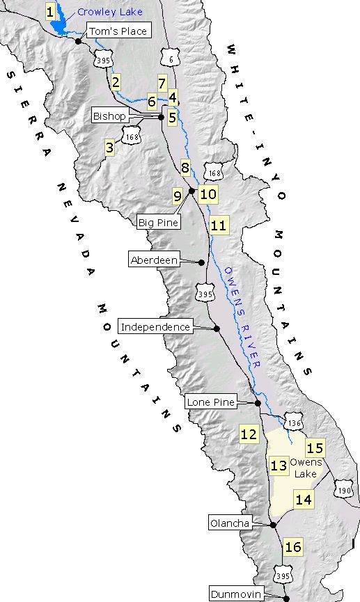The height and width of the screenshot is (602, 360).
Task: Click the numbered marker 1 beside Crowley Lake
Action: (49, 11)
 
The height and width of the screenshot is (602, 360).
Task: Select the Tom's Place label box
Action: (118, 31)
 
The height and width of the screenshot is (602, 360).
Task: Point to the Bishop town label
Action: (110, 116)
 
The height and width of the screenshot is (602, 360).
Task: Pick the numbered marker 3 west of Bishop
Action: (109, 147)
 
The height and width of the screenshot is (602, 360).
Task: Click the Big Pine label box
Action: (158, 223)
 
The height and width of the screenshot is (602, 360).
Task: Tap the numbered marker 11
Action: (219, 225)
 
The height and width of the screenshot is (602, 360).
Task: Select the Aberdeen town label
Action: (154, 260)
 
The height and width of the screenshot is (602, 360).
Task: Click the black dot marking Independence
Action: (217, 328)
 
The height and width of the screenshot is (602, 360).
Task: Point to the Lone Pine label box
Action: (211, 402)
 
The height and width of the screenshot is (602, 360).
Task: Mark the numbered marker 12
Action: (249, 434)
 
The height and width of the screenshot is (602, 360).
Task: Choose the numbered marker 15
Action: (315, 448)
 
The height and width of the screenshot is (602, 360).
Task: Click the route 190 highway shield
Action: (344, 490)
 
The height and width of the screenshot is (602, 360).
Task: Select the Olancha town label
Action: (229, 523)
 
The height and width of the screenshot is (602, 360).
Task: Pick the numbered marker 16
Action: (293, 547)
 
